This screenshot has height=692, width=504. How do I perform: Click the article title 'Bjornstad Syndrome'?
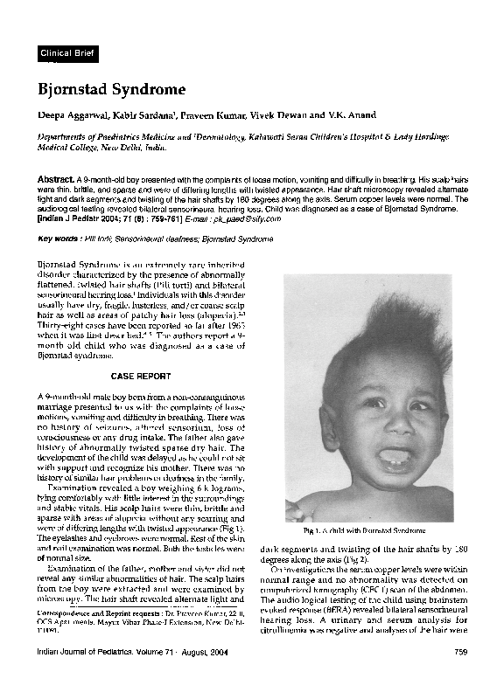(110, 89)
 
